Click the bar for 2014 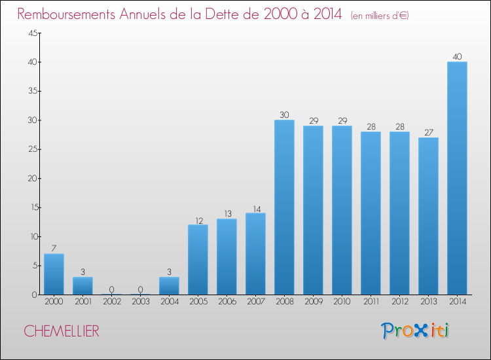coord(457,178)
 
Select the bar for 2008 coord(284,207)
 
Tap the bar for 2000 coord(54,274)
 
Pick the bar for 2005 coord(198,259)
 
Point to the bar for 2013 coord(428,216)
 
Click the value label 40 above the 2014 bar coord(457,57)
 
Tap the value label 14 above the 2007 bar coord(255,208)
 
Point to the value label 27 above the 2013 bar coord(428,132)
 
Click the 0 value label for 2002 coord(111,289)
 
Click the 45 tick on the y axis coord(31,33)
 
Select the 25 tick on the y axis coord(31,149)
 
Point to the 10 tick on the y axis coord(31,236)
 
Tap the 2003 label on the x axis coord(140,302)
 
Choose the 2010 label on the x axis coord(342,302)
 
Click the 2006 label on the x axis coord(227,302)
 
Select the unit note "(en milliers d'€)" coord(380,15)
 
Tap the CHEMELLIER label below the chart coord(62,331)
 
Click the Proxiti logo coord(415,331)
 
